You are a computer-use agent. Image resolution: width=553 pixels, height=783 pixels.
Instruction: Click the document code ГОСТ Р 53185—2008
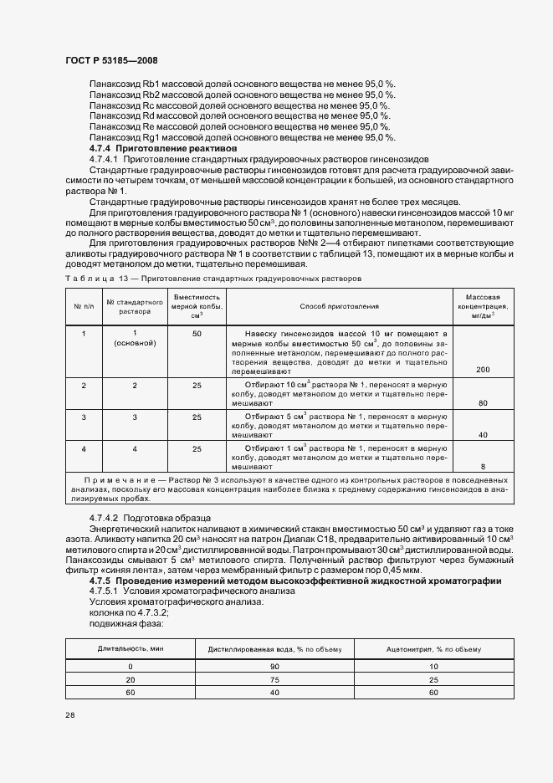pyautogui.click(x=112, y=61)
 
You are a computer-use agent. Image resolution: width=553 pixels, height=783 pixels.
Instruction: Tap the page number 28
pyautogui.click(x=69, y=715)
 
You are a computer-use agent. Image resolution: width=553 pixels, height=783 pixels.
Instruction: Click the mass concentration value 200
pyautogui.click(x=482, y=369)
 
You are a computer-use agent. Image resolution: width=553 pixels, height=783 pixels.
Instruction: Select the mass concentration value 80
pyautogui.click(x=482, y=403)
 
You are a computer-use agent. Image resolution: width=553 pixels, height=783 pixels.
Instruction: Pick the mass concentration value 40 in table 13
pyautogui.click(x=482, y=435)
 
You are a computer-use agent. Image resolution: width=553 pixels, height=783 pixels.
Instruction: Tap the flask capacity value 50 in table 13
pyautogui.click(x=197, y=334)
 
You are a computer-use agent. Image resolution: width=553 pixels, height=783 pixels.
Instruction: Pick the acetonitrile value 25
pyautogui.click(x=433, y=680)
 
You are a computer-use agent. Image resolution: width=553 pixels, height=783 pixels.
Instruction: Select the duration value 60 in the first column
pyautogui.click(x=130, y=693)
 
